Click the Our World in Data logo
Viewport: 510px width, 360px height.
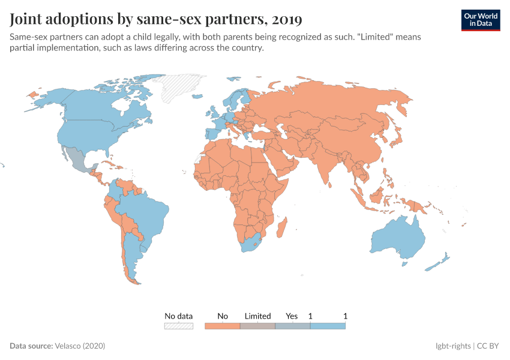point(480,19)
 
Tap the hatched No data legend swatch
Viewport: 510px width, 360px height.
point(179,326)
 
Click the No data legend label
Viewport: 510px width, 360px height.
point(179,316)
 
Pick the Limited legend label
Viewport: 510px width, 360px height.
point(258,316)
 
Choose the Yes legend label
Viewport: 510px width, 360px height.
point(292,316)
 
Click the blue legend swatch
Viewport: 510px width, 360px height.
point(328,326)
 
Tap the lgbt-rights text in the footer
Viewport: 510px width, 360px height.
point(453,346)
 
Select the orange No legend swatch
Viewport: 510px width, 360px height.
point(223,326)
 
